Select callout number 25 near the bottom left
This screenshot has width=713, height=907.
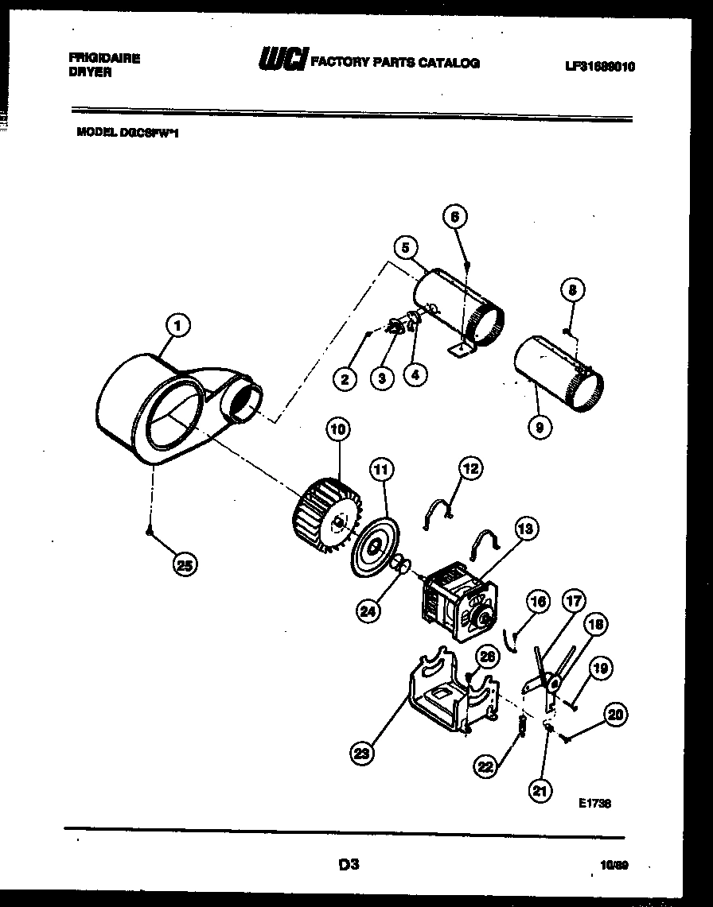(x=185, y=565)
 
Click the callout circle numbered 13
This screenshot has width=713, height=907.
(x=525, y=527)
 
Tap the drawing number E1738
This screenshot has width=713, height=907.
(x=594, y=804)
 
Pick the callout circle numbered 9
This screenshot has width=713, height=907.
(x=540, y=428)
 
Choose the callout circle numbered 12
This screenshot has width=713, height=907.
(x=470, y=469)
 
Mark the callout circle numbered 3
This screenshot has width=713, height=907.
(x=382, y=378)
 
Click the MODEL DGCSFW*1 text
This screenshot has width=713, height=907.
(x=127, y=134)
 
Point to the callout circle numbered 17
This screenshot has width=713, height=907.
(x=574, y=601)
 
